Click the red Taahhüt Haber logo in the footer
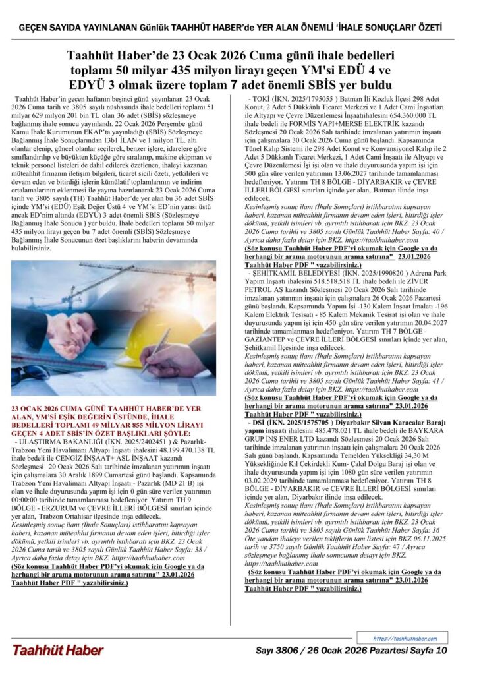pos(57,651)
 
